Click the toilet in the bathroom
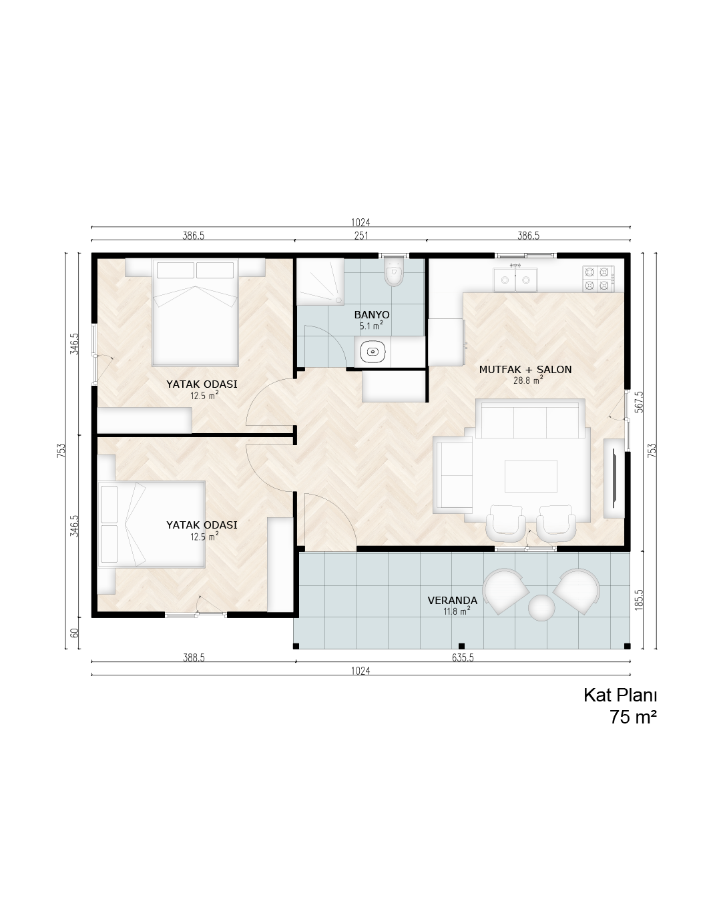click(393, 272)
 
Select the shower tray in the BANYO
click(320, 282)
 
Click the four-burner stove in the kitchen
click(598, 278)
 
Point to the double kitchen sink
click(515, 279)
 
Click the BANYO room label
click(372, 314)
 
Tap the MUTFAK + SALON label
click(525, 369)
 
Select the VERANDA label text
click(452, 600)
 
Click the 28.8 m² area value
click(528, 380)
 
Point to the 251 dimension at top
click(360, 236)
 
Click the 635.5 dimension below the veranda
click(463, 657)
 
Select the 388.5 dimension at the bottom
click(194, 657)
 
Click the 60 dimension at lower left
click(75, 633)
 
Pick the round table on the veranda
click(541, 607)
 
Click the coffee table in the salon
click(531, 476)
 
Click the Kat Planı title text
click(620, 695)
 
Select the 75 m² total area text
click(633, 717)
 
